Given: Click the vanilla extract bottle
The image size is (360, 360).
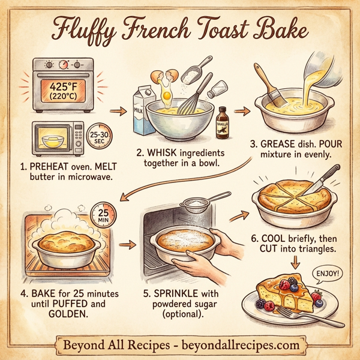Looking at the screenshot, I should pyautogui.click(x=223, y=123).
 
